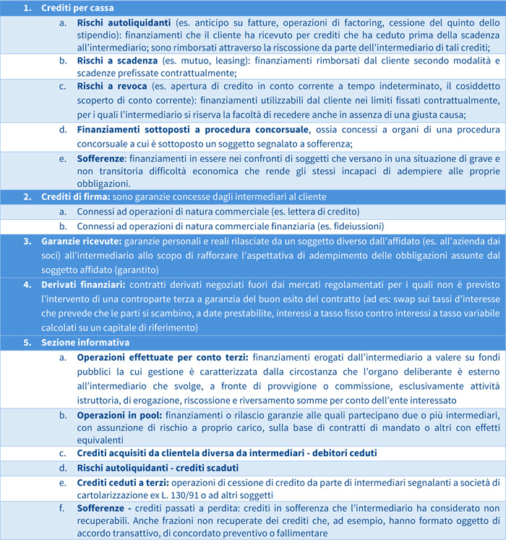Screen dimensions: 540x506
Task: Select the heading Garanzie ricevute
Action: coord(81,241)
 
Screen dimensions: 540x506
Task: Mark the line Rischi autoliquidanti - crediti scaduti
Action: coord(158,468)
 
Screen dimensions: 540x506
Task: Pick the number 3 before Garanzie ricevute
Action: coord(26,241)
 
